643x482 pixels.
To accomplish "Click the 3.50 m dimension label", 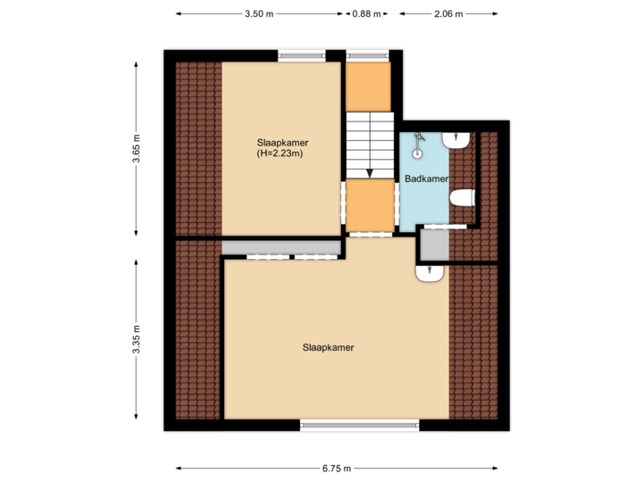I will (x=259, y=14).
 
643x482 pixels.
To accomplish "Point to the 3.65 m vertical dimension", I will (x=137, y=148).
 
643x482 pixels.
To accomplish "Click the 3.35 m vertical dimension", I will (x=137, y=339).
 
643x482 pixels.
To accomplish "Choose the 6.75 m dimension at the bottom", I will (x=338, y=468).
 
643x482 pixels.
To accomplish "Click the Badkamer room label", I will (x=425, y=179).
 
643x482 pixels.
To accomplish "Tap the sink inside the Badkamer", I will (x=456, y=140).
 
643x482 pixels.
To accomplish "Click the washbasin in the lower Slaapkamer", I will (x=430, y=273).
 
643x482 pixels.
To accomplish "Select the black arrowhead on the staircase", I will (x=369, y=172).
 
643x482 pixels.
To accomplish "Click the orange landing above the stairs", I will (x=369, y=87).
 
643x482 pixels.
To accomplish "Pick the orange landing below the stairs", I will (x=370, y=205).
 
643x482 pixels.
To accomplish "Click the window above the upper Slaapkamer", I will (x=302, y=55).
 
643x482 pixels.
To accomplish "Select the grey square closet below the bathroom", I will (x=433, y=242).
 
